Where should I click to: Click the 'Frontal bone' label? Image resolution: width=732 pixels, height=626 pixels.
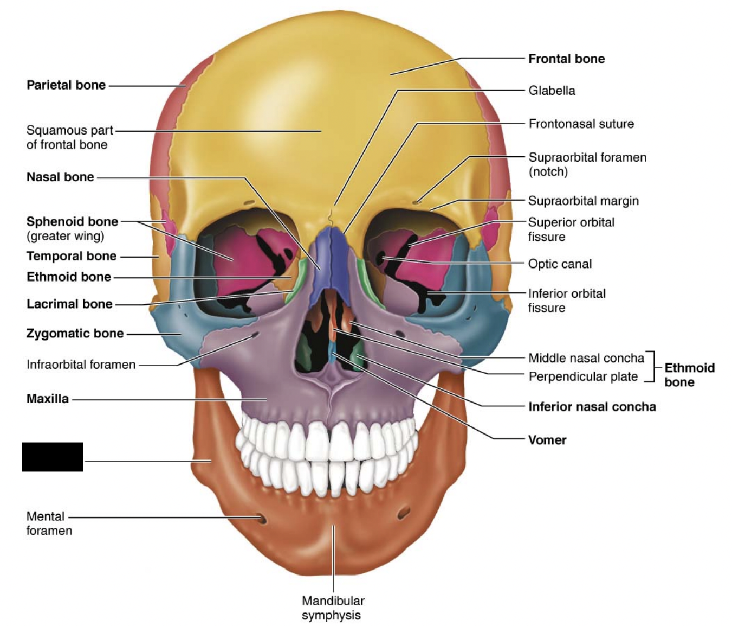point(566,59)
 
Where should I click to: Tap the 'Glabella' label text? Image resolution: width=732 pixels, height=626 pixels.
point(552,91)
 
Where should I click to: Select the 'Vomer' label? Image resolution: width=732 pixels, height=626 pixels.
point(547,440)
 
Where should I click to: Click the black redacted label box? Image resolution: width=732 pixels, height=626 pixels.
point(53,457)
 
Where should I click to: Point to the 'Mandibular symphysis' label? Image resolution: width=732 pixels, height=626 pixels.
point(333,608)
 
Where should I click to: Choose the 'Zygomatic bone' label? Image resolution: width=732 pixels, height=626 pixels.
point(75,334)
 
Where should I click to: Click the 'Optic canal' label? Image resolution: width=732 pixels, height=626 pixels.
point(560,264)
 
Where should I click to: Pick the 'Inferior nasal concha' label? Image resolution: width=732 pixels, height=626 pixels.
point(592,407)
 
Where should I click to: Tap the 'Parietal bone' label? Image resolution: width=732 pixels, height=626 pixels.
point(66,85)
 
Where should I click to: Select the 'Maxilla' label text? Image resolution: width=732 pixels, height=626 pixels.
point(48,399)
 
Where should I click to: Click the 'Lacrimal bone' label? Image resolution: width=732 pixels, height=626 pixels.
point(69,304)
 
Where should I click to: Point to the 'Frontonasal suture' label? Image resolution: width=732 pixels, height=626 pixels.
point(581,124)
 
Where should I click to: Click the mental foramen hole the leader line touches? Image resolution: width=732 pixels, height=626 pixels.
point(262,519)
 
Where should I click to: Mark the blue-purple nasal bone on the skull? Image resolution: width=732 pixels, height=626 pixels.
point(332,252)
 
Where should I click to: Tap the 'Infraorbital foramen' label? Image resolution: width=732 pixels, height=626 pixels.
point(81,365)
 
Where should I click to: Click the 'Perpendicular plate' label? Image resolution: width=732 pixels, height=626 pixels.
point(583,376)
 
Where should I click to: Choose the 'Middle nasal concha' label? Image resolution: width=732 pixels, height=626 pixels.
point(586,358)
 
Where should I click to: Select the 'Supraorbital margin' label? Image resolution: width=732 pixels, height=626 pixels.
point(583,201)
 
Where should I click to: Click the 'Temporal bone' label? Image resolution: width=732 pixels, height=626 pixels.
point(71,256)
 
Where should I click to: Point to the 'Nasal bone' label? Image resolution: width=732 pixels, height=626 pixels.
point(60,177)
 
